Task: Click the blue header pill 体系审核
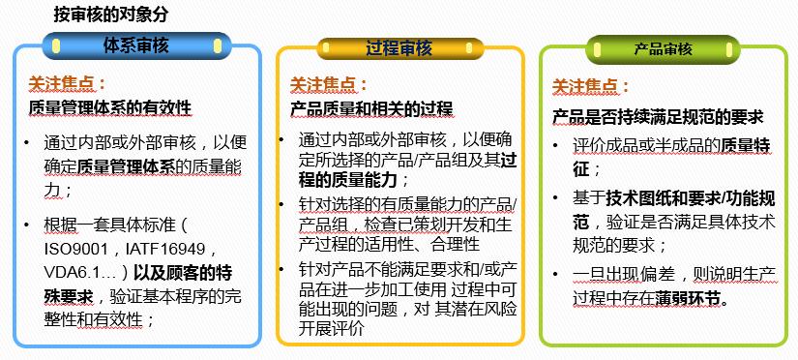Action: click(136, 44)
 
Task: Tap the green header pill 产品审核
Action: click(663, 48)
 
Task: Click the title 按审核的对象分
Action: click(104, 15)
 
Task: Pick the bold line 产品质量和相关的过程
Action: click(371, 108)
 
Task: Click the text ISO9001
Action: click(76, 247)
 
